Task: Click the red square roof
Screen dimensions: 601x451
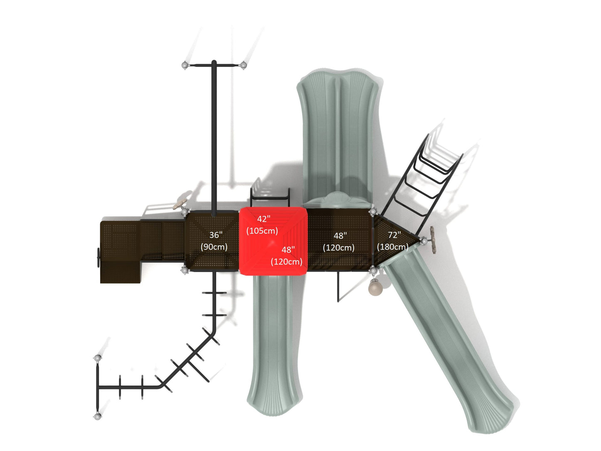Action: click(x=273, y=241)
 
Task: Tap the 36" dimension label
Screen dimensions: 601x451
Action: click(x=216, y=235)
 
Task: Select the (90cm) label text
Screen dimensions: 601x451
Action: click(x=214, y=247)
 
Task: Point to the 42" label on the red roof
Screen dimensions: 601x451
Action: click(x=264, y=218)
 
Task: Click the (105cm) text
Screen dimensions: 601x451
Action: click(x=262, y=231)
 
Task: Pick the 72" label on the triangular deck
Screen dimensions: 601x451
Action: click(x=395, y=235)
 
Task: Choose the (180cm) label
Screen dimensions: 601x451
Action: click(x=393, y=247)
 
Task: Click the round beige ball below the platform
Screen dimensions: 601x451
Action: click(x=374, y=287)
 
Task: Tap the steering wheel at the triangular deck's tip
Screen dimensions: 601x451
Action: click(x=433, y=240)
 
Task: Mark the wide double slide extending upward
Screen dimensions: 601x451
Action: click(x=339, y=137)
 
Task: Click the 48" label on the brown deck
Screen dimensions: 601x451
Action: click(x=340, y=235)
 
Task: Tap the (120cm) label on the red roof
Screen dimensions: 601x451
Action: click(x=287, y=262)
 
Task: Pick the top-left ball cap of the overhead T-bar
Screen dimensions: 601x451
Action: click(x=185, y=65)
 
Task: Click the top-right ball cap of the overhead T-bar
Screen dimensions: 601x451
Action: click(x=243, y=65)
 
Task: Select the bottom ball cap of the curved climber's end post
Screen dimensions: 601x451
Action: click(x=97, y=416)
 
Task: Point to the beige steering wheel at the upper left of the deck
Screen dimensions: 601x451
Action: click(x=180, y=204)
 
